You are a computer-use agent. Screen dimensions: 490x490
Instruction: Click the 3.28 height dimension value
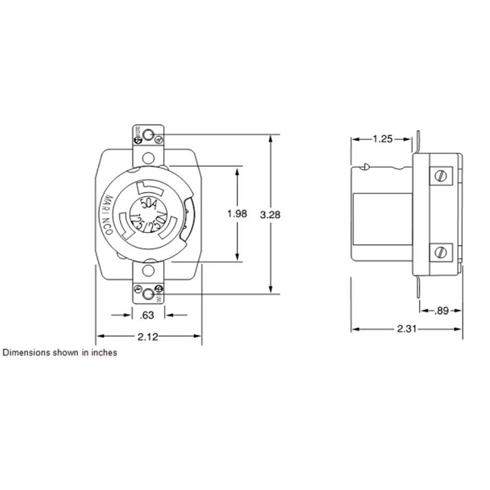tap(270, 215)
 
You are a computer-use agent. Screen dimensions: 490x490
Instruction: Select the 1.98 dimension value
tap(237, 214)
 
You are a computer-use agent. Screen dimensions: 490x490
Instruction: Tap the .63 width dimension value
tap(147, 315)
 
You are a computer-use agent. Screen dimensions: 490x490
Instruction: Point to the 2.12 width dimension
tap(147, 336)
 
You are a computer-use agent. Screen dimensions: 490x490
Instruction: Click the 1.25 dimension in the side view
tap(383, 139)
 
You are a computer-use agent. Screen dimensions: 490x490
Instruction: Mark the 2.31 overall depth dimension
tap(407, 329)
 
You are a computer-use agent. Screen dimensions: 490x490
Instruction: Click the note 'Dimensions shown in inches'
tap(60, 353)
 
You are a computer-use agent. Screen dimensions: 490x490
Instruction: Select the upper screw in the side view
tap(441, 175)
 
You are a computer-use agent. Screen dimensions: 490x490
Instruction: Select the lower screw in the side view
tap(441, 252)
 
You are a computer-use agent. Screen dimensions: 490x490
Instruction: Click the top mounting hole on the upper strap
tap(148, 135)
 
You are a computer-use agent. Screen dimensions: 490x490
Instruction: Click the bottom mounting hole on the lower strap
tap(148, 294)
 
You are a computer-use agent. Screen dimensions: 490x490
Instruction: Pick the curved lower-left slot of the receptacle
tap(124, 226)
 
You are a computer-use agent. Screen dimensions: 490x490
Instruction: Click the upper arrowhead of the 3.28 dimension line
tap(271, 139)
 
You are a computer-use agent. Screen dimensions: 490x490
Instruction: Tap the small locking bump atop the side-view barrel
tap(366, 167)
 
